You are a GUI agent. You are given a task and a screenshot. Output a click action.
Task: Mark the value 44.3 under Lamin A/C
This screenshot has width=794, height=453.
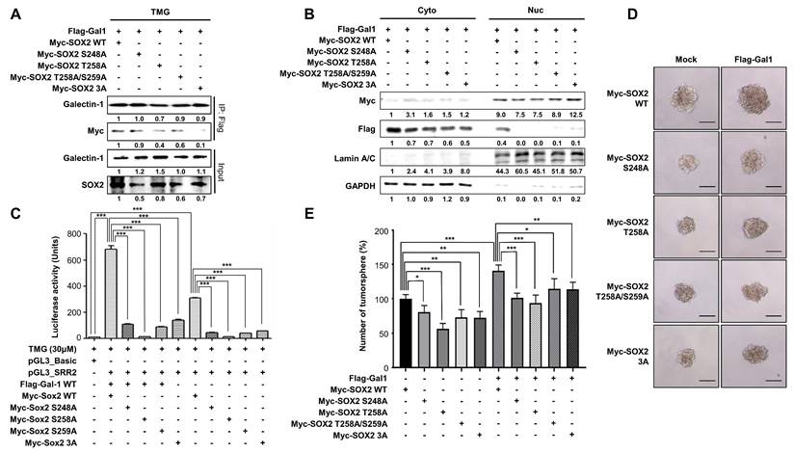[497, 168]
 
